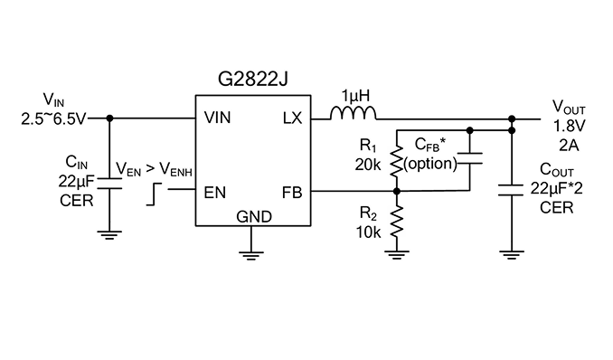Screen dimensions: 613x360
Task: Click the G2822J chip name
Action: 253,80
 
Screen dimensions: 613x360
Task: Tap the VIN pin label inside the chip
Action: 217,118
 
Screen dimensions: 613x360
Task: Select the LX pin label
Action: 292,118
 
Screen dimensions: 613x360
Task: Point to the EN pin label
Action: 215,193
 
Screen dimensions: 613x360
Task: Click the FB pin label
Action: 292,193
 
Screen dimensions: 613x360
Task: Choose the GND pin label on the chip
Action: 254,216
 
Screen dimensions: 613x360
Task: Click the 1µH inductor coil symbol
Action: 354,113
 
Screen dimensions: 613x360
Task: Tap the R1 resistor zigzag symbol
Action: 396,161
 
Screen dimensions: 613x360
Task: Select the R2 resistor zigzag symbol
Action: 396,222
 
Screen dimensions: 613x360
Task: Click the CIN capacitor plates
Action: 109,184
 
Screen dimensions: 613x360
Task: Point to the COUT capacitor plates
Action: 512,190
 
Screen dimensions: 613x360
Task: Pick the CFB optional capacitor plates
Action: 470,158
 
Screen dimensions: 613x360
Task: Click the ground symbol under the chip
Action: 251,256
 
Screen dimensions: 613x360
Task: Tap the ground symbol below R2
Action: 396,255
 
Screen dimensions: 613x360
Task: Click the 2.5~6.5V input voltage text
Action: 52,119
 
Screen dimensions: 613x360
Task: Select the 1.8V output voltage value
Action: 569,126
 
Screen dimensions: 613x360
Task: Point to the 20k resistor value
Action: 367,165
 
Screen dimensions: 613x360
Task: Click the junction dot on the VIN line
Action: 110,118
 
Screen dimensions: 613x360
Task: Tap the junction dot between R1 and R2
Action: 396,192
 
